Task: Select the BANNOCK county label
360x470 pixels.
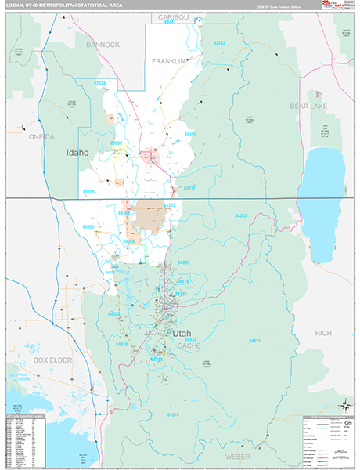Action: (103, 45)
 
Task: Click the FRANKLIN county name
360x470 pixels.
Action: (169, 60)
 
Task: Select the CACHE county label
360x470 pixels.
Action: (189, 345)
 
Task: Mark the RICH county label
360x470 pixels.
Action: (322, 334)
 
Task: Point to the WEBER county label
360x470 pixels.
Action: (239, 455)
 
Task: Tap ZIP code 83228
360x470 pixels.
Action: (100, 82)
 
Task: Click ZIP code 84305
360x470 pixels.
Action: (88, 226)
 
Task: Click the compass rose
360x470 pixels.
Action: (344, 404)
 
